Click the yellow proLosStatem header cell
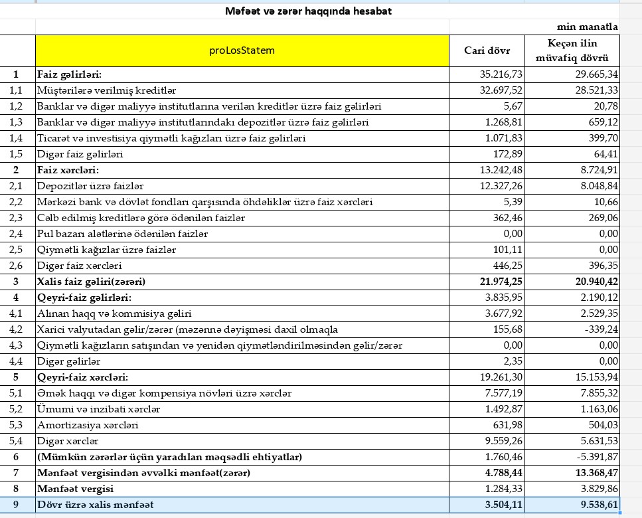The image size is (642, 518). pos(242,50)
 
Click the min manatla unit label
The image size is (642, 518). pos(587,27)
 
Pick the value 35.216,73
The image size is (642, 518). pos(501,74)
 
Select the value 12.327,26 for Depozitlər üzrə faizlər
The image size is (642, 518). pos(501,186)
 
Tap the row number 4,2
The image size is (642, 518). pos(17,329)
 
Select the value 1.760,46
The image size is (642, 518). pos(501,457)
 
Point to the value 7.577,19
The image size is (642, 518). pos(501,393)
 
